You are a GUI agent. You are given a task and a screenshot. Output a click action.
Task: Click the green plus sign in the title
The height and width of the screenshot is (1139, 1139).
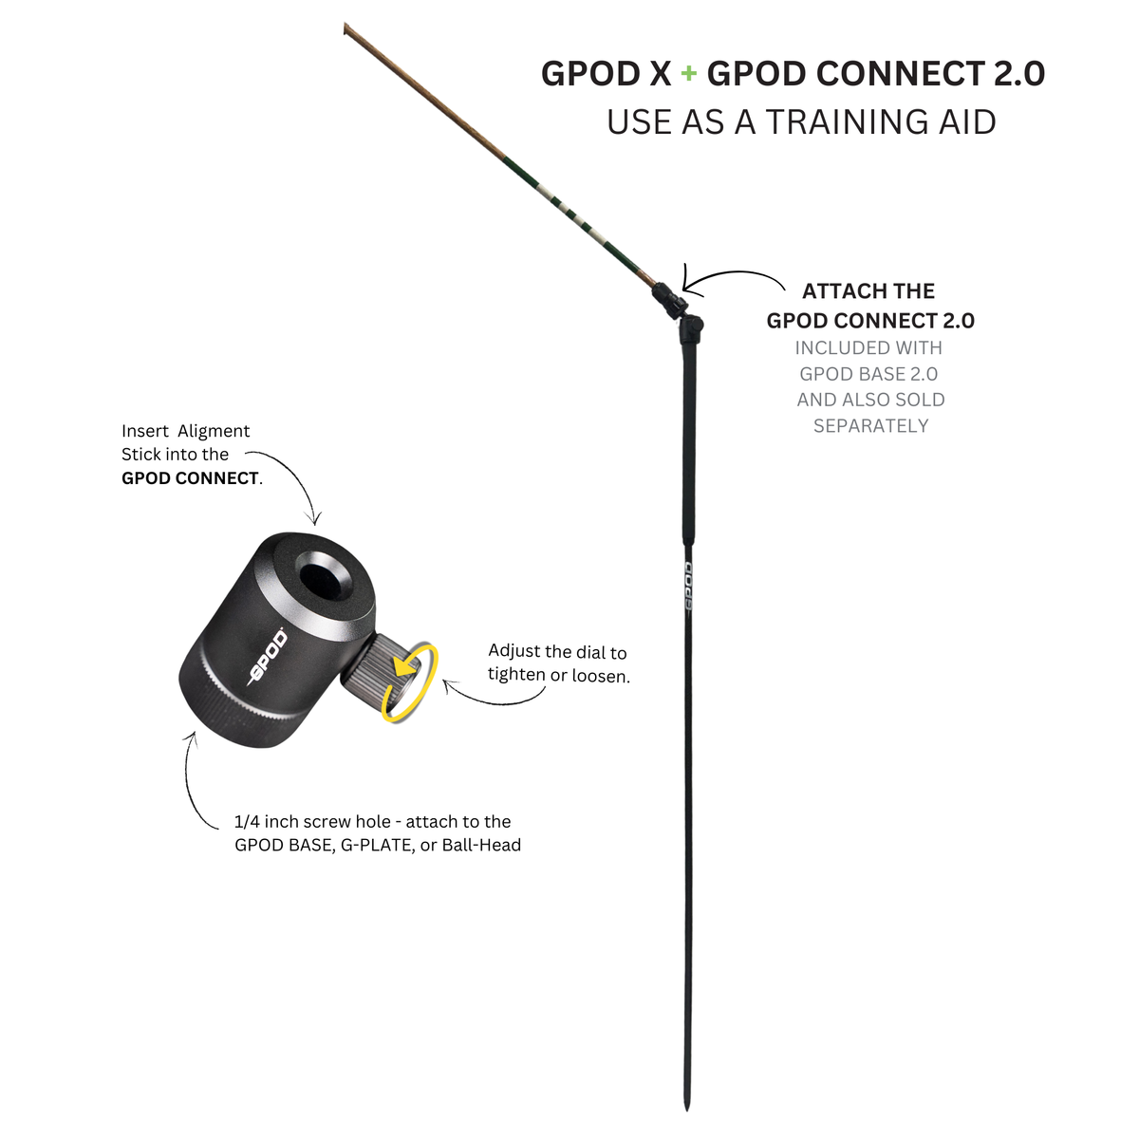(688, 74)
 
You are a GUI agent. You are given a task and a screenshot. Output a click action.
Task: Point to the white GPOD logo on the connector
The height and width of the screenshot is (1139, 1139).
(267, 658)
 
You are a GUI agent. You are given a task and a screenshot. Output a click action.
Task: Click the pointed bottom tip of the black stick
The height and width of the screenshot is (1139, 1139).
(686, 1109)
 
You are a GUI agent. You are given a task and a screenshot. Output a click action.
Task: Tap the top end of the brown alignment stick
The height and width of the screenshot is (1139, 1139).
(345, 26)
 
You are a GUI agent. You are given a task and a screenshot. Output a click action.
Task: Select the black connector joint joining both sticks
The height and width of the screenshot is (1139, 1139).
(680, 311)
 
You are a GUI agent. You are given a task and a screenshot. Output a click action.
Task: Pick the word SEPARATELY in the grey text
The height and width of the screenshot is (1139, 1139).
(870, 425)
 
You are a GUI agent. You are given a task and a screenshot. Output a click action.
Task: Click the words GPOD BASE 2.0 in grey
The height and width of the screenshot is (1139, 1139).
(868, 374)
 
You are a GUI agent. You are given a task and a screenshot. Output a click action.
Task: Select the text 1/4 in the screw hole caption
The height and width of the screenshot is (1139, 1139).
(247, 822)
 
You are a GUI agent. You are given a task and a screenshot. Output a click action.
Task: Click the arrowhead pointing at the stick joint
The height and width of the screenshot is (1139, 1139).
(689, 280)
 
